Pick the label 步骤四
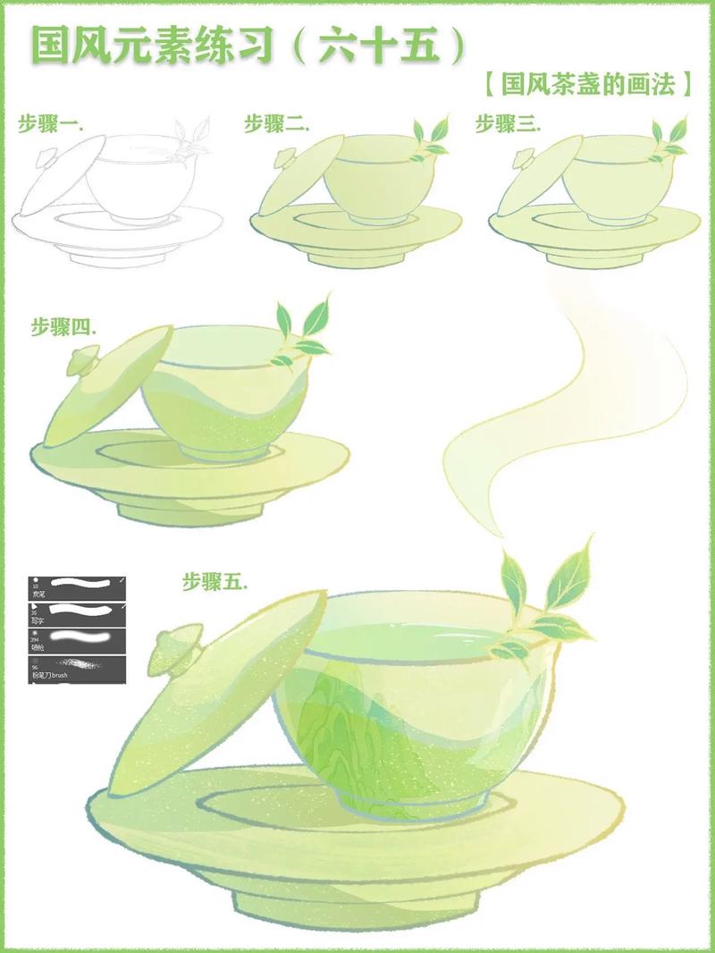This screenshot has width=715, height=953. (63, 327)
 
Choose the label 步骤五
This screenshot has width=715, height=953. (214, 583)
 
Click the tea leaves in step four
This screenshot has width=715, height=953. (299, 331)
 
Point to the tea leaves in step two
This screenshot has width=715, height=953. (431, 139)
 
